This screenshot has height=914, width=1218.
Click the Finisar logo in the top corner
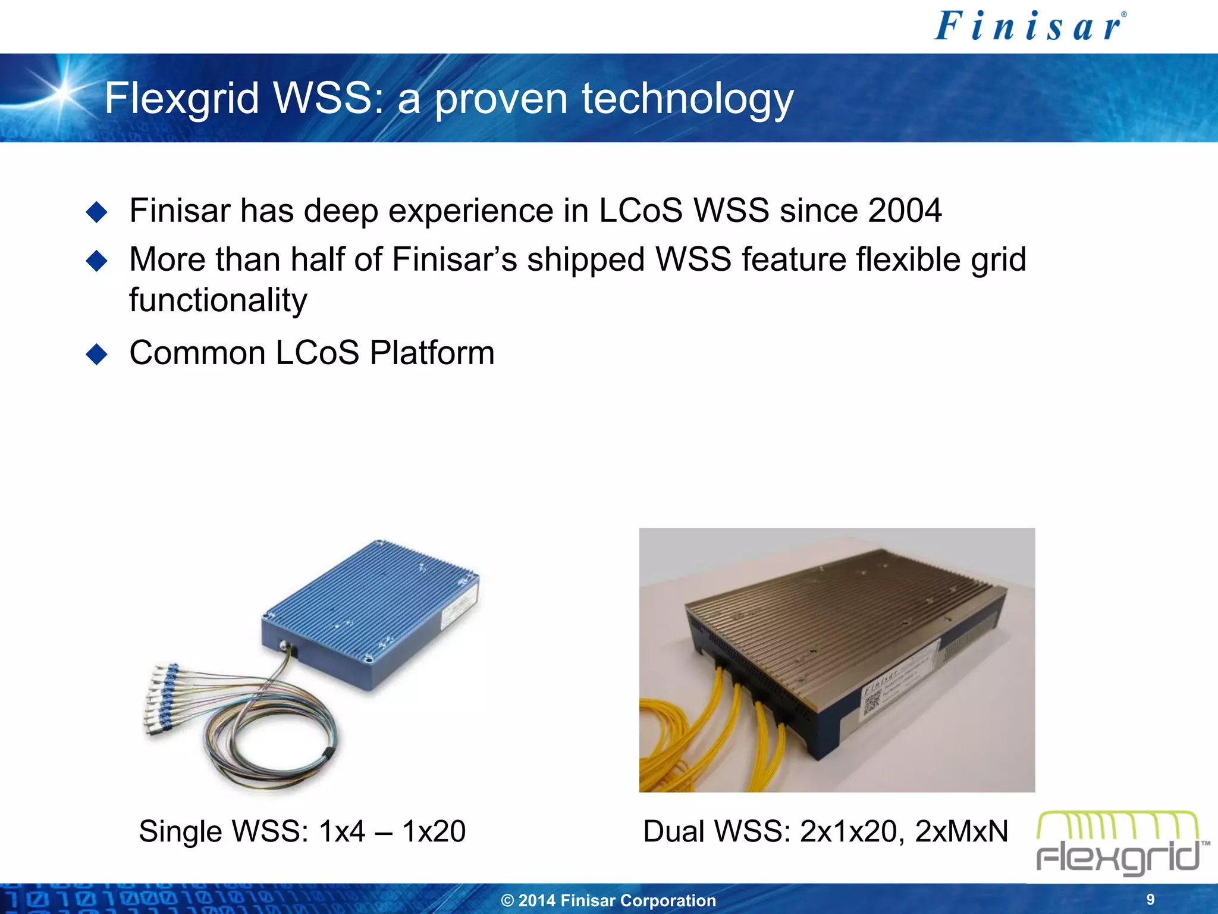click(x=1029, y=27)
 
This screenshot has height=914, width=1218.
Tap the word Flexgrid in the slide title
click(x=181, y=99)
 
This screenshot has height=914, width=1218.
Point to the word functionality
click(x=218, y=301)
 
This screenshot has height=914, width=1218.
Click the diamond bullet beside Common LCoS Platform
click(x=96, y=354)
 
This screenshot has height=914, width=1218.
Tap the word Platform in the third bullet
click(x=432, y=353)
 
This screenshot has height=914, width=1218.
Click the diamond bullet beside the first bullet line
click(x=96, y=212)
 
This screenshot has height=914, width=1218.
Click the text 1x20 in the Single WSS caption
click(x=434, y=831)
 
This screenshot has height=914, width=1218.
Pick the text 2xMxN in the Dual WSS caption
click(x=961, y=831)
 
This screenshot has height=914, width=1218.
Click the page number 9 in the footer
click(x=1150, y=899)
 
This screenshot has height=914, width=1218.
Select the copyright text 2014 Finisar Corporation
click(x=609, y=900)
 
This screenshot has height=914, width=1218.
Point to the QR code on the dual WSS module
click(x=871, y=705)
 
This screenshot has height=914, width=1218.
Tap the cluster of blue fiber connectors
click(x=162, y=696)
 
